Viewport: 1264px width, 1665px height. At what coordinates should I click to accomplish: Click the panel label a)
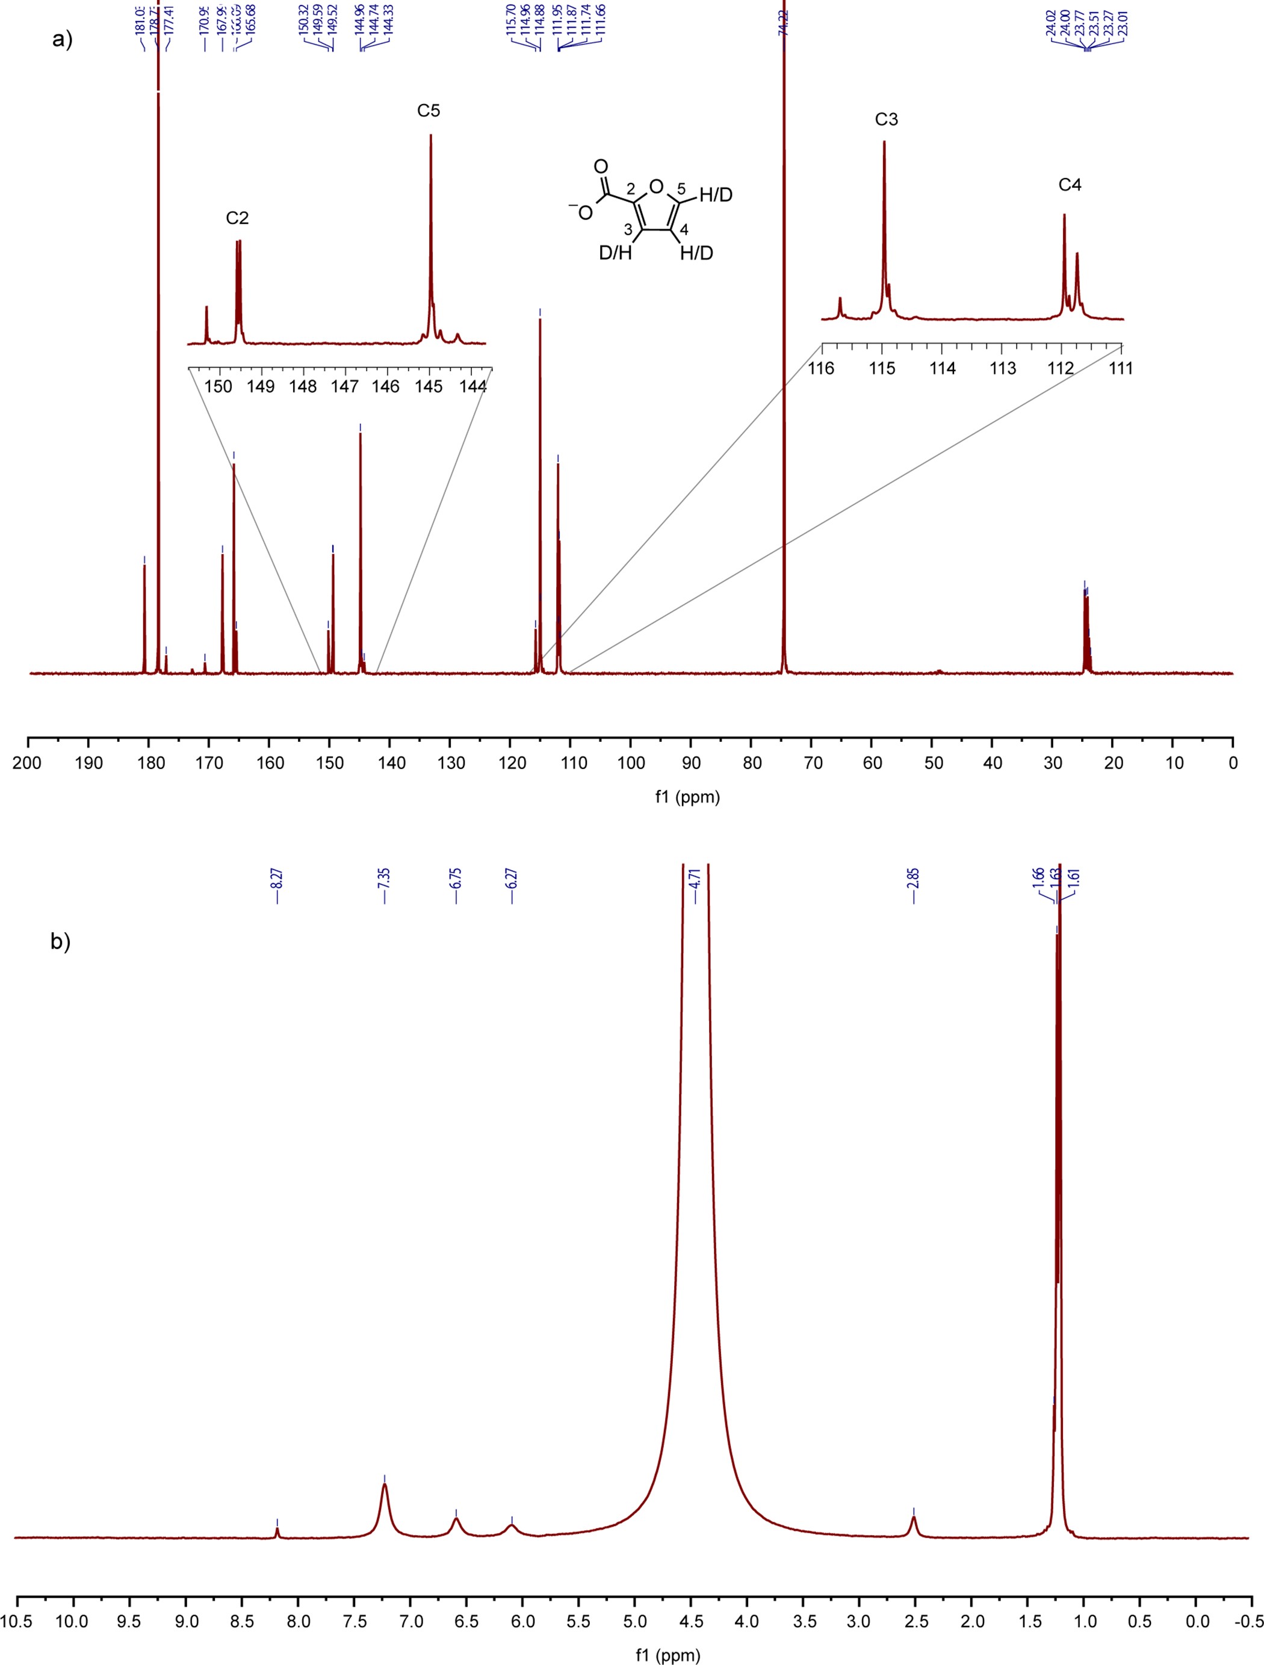tap(63, 40)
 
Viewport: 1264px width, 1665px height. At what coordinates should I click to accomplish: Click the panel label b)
tap(60, 942)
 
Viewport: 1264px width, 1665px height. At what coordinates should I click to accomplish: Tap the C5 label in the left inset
tap(429, 111)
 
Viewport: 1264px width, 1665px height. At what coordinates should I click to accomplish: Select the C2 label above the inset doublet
tap(237, 218)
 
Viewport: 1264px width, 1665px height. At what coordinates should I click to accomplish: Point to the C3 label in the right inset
tap(886, 120)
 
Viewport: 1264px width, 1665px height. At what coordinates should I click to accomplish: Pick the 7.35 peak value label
tap(385, 878)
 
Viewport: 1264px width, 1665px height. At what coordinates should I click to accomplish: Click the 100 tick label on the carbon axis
tap(631, 763)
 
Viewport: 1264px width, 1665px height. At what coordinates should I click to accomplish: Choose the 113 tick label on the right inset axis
tap(1002, 369)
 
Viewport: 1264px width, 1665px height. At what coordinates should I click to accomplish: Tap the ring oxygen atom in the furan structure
tap(655, 186)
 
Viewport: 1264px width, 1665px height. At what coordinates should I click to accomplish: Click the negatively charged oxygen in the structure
tap(585, 212)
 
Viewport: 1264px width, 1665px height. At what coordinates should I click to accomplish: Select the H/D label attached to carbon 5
tap(716, 196)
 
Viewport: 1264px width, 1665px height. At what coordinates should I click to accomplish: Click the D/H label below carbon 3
tap(615, 254)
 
